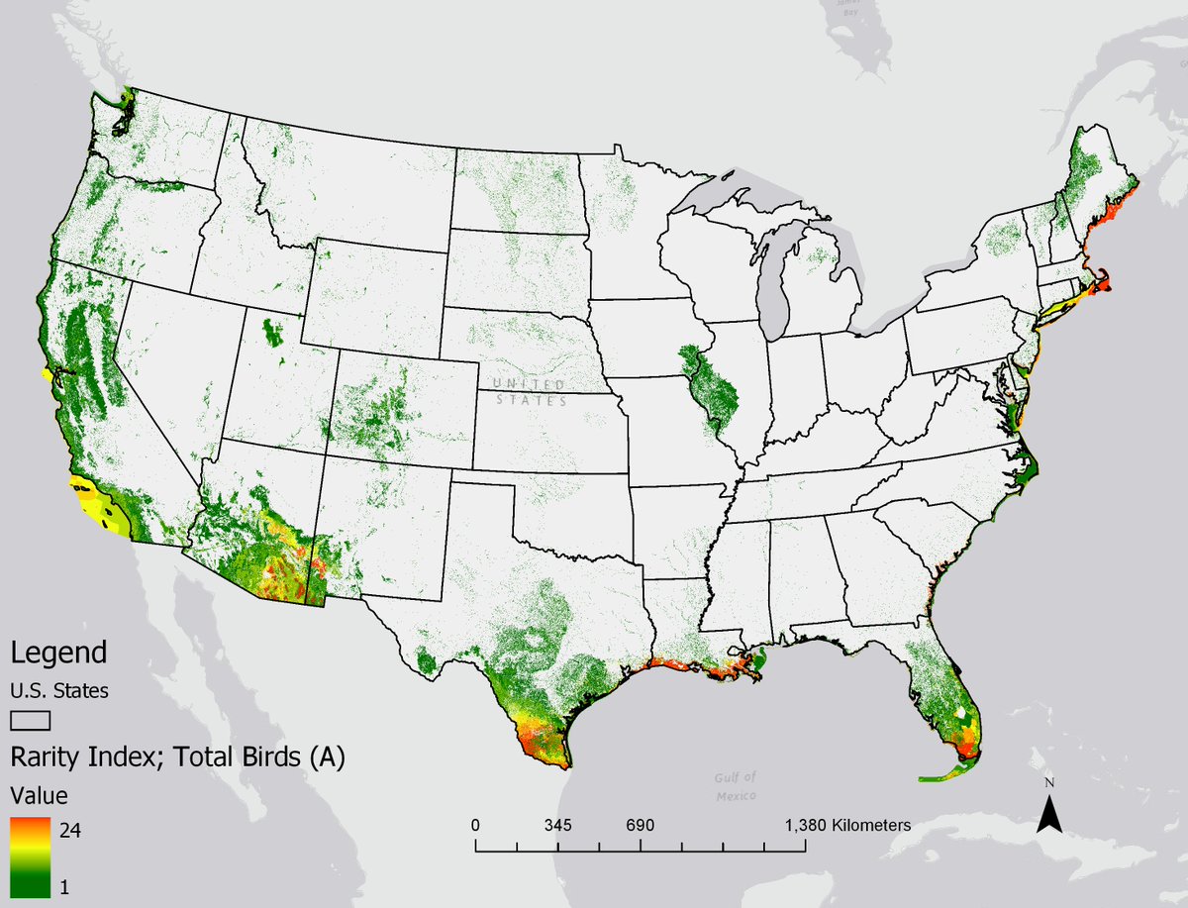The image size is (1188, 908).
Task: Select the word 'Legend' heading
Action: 58,654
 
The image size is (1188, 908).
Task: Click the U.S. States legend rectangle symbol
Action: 30,720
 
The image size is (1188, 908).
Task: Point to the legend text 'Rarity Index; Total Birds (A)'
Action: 177,757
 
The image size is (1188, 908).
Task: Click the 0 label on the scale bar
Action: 476,825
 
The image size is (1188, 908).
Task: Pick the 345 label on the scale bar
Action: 558,825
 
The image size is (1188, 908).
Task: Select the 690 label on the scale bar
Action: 641,825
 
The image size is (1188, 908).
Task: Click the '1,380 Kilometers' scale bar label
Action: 848,825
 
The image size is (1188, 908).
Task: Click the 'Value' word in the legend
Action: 40,795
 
